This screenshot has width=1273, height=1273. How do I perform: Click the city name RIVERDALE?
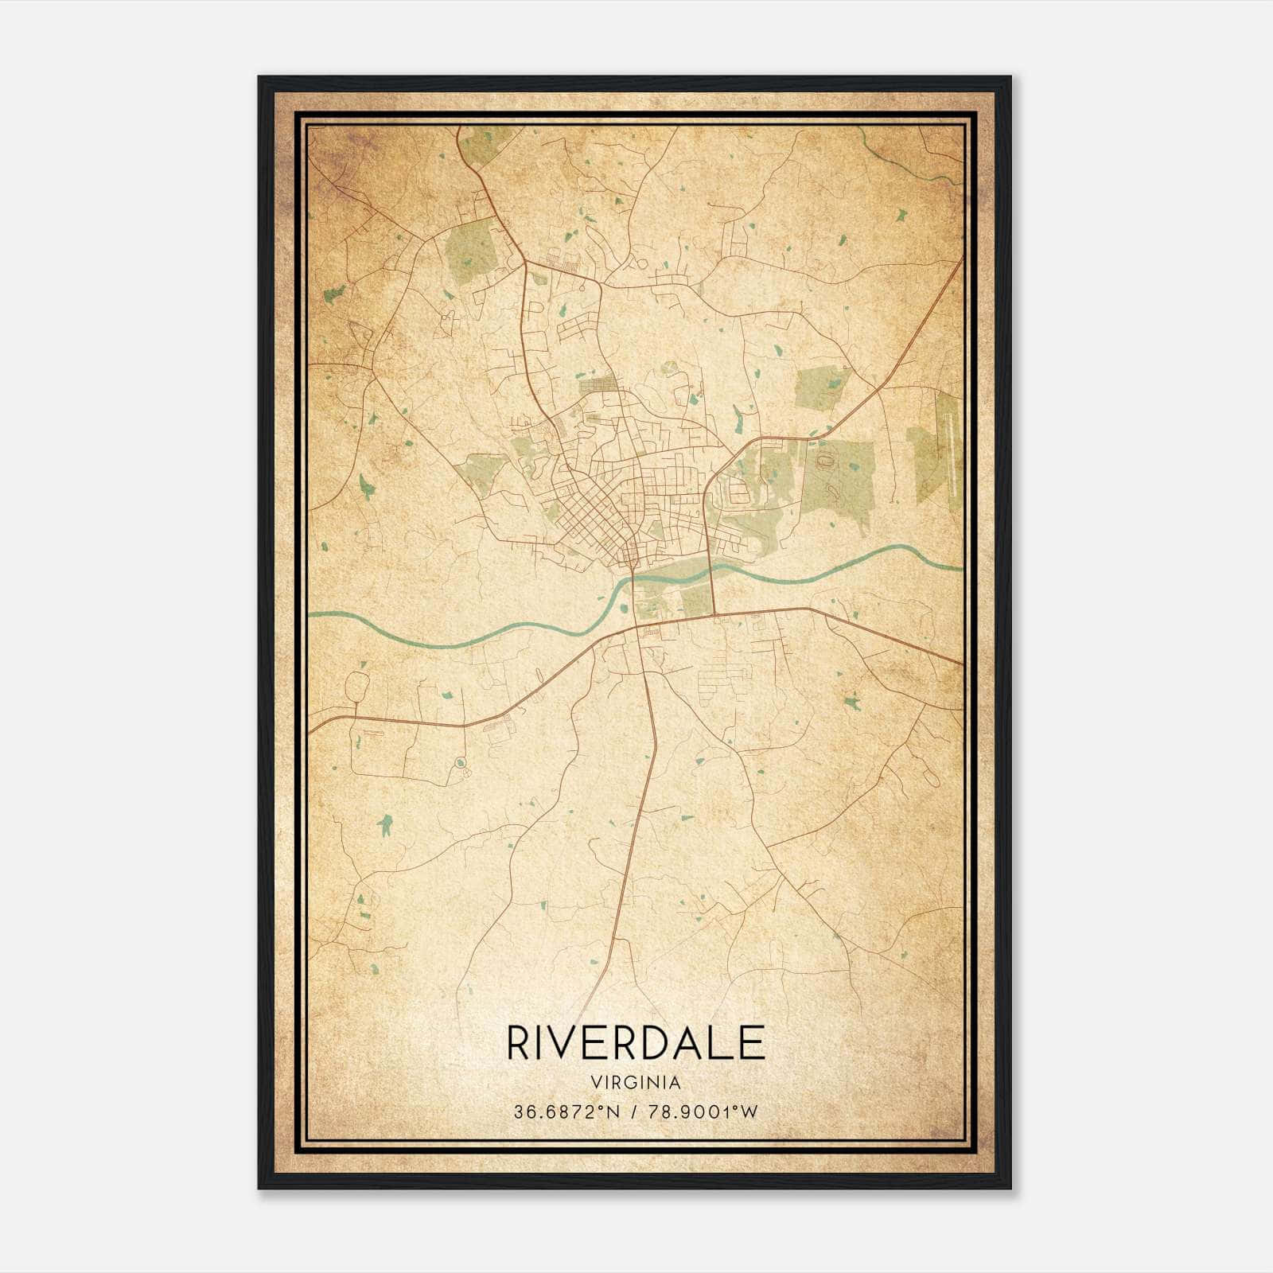635,1043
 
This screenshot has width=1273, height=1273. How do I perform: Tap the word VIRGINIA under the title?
635,1082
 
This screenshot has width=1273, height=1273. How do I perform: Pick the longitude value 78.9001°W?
703,1111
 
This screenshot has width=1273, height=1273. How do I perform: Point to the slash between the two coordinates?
634,1111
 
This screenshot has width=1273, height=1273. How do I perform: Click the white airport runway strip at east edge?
951,446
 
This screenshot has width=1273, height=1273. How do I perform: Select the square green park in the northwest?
471,252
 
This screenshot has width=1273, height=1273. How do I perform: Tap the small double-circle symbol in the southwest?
459,763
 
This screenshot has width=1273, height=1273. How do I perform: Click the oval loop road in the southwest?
356,686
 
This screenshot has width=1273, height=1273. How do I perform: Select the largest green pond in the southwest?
386,824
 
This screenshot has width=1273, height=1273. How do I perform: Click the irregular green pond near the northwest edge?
335,293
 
